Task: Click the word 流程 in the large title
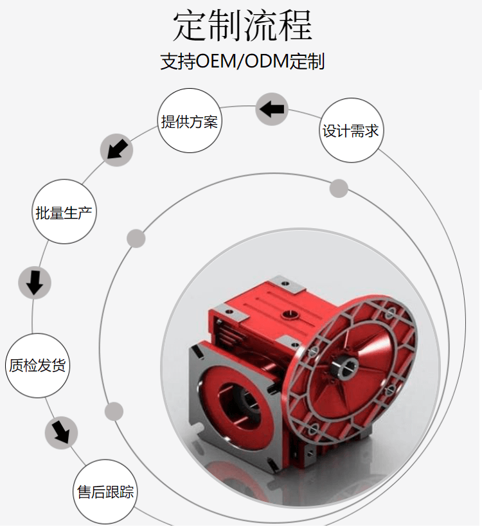point(278,26)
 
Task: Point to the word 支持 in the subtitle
point(177,61)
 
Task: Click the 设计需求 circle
point(351,130)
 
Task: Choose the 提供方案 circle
point(190,121)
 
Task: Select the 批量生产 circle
point(64,211)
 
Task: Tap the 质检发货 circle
point(37,365)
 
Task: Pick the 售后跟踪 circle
point(105,492)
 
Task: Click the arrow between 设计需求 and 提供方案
point(272,109)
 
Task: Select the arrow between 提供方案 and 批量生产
point(117,149)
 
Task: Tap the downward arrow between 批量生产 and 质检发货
point(35,283)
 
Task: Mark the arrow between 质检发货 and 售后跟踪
point(61,433)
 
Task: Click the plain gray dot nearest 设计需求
point(339,188)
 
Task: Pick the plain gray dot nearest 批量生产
point(136,238)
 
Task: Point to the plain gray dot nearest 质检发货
point(114,411)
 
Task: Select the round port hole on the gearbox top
point(289,315)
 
